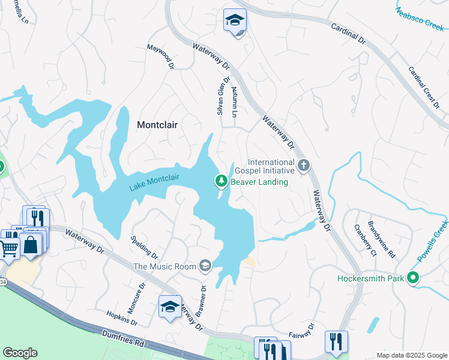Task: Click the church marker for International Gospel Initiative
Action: (304, 165)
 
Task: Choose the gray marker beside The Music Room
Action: (206, 266)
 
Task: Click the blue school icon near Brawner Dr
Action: (170, 307)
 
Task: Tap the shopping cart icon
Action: (9, 247)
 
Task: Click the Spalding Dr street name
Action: (144, 247)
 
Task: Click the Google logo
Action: (20, 353)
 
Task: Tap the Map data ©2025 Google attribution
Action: (411, 355)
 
